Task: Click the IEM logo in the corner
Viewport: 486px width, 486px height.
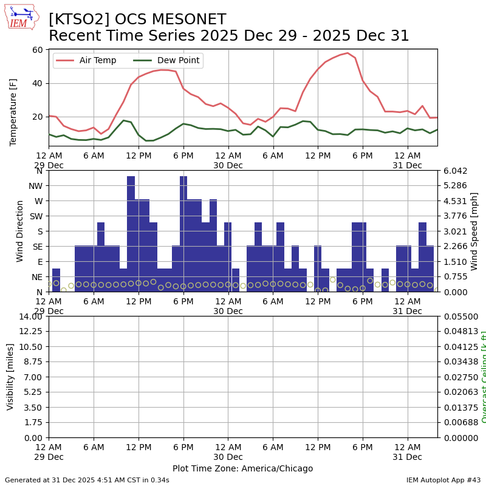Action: tap(21, 17)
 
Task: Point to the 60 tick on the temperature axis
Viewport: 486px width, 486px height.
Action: tap(38, 50)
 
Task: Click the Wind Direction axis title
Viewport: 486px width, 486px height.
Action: tap(20, 231)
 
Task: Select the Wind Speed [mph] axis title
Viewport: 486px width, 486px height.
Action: tap(474, 231)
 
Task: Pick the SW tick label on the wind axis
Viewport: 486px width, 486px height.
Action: tap(36, 216)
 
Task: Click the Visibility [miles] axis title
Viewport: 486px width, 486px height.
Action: tap(11, 377)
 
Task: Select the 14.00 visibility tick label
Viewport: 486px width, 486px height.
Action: tap(30, 317)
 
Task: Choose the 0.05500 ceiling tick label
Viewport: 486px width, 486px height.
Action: tap(455, 317)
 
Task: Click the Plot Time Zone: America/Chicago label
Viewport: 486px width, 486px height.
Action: tap(242, 468)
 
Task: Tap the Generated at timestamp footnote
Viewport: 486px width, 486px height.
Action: tap(87, 480)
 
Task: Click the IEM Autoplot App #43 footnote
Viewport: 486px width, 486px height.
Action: tap(443, 480)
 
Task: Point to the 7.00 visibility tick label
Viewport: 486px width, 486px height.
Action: tap(33, 377)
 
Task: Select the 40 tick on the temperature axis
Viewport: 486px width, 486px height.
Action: tap(38, 83)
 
